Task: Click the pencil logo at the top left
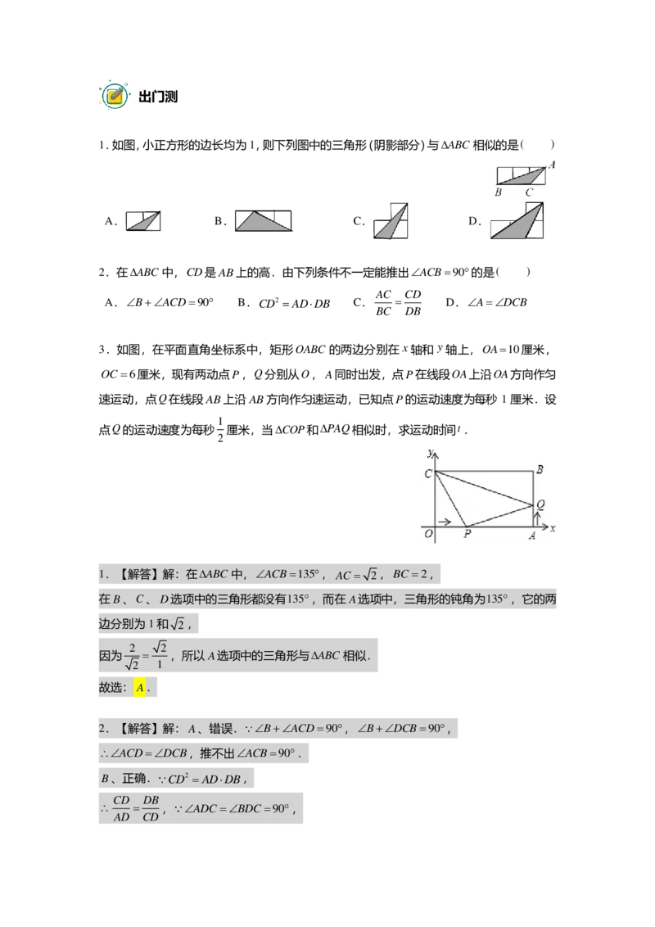click(115, 96)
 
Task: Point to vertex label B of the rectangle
click(540, 469)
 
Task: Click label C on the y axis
click(427, 474)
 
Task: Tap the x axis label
click(553, 529)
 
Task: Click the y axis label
click(430, 451)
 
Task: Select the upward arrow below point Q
click(534, 518)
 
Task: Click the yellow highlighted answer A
click(140, 689)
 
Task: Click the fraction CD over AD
click(122, 807)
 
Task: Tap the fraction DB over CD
click(151, 807)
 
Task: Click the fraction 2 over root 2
click(131, 657)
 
